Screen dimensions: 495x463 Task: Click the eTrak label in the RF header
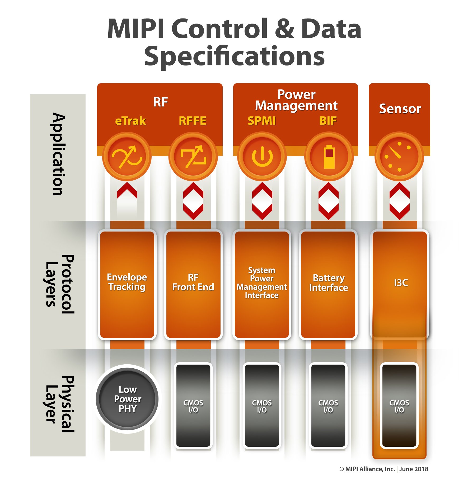click(130, 121)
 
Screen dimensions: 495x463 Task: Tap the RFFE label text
click(193, 121)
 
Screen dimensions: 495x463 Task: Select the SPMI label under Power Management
click(261, 121)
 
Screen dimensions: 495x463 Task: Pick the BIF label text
click(328, 121)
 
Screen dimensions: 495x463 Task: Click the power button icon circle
click(262, 157)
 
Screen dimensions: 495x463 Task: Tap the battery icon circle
click(329, 157)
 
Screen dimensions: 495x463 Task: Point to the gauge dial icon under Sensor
click(399, 157)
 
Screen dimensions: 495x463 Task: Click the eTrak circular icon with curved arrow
click(127, 157)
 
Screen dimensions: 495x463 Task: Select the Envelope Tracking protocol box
click(127, 284)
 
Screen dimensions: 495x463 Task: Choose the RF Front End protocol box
click(193, 284)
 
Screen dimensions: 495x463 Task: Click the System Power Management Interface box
click(262, 284)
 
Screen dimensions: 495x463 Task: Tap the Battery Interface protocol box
click(328, 284)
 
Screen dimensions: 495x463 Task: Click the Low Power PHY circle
click(127, 399)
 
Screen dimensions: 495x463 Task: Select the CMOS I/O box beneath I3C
click(399, 406)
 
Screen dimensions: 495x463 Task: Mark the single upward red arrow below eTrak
click(127, 191)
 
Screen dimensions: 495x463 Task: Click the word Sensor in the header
click(400, 109)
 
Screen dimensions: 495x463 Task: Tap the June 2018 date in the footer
click(414, 469)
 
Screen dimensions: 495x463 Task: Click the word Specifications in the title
click(234, 56)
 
